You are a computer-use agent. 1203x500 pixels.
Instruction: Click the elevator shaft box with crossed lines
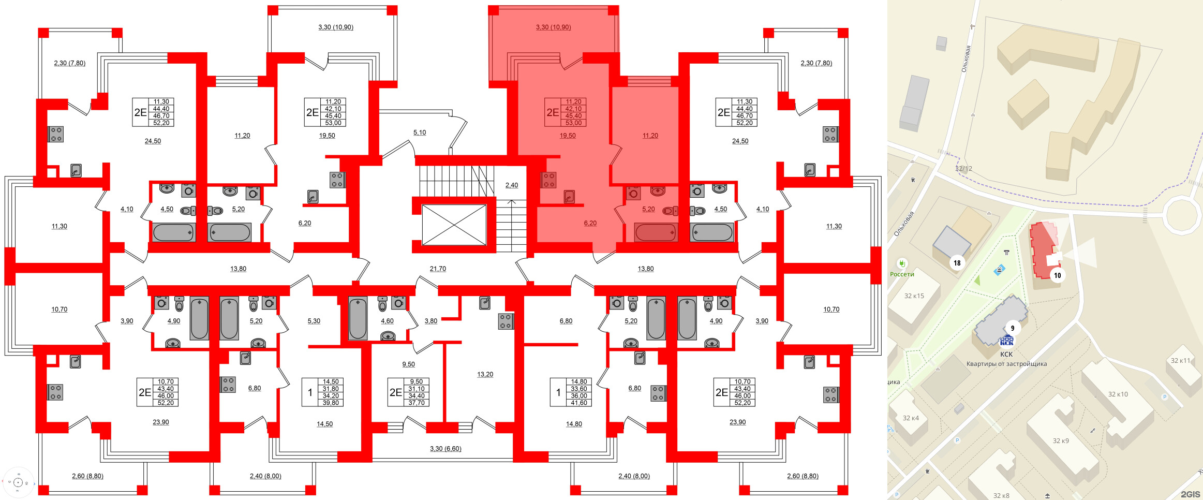[x=454, y=225]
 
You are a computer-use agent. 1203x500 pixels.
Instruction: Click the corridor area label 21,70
[x=438, y=269]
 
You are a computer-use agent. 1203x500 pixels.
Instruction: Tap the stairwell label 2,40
[x=511, y=185]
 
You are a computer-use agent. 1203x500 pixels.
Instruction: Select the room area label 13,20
[x=485, y=374]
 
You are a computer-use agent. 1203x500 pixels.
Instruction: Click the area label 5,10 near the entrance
[x=420, y=133]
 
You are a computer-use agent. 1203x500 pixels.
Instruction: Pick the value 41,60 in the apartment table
[x=579, y=403]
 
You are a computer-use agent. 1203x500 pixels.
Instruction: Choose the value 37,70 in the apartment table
[x=417, y=403]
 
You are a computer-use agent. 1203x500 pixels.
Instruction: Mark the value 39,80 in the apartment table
[x=331, y=403]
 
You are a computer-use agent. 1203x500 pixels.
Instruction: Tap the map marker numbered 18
[x=957, y=263]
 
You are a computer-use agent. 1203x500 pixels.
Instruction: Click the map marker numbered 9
[x=1013, y=328]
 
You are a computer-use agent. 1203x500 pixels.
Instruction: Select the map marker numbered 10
[x=1057, y=275]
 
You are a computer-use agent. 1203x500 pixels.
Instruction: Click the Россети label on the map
[x=902, y=274]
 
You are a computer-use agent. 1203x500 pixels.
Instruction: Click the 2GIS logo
[x=1190, y=494]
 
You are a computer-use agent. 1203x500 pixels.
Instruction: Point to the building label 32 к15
[x=914, y=296]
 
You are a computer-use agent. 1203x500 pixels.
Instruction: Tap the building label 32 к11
[x=1180, y=360]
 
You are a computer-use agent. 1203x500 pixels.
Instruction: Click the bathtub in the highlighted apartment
[x=656, y=232]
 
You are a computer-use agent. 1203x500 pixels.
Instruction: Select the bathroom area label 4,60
[x=387, y=321]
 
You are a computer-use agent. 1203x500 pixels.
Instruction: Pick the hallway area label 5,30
[x=314, y=321]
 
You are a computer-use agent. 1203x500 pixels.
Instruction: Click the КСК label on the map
[x=1006, y=354]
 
